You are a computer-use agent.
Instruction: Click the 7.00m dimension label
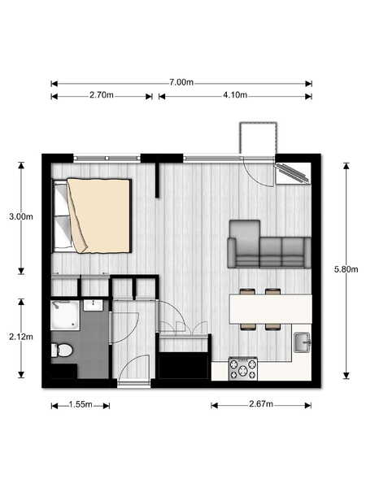click(181, 82)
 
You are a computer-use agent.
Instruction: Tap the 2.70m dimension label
click(102, 95)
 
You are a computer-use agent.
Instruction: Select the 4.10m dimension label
click(235, 95)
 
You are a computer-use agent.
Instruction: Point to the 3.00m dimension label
click(21, 216)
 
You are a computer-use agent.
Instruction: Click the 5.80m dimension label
click(346, 269)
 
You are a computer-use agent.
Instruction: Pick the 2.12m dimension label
click(21, 337)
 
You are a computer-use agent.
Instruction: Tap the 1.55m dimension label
click(81, 404)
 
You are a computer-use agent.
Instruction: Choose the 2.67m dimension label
click(261, 404)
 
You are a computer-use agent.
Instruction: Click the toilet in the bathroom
click(62, 350)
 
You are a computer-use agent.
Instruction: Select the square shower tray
click(65, 315)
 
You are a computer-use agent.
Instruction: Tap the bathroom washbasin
click(93, 305)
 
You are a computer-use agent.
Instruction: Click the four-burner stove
click(243, 368)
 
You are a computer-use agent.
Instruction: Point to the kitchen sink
click(303, 342)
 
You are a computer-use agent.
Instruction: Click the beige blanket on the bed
click(98, 216)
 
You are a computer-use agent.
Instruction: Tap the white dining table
click(271, 309)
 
